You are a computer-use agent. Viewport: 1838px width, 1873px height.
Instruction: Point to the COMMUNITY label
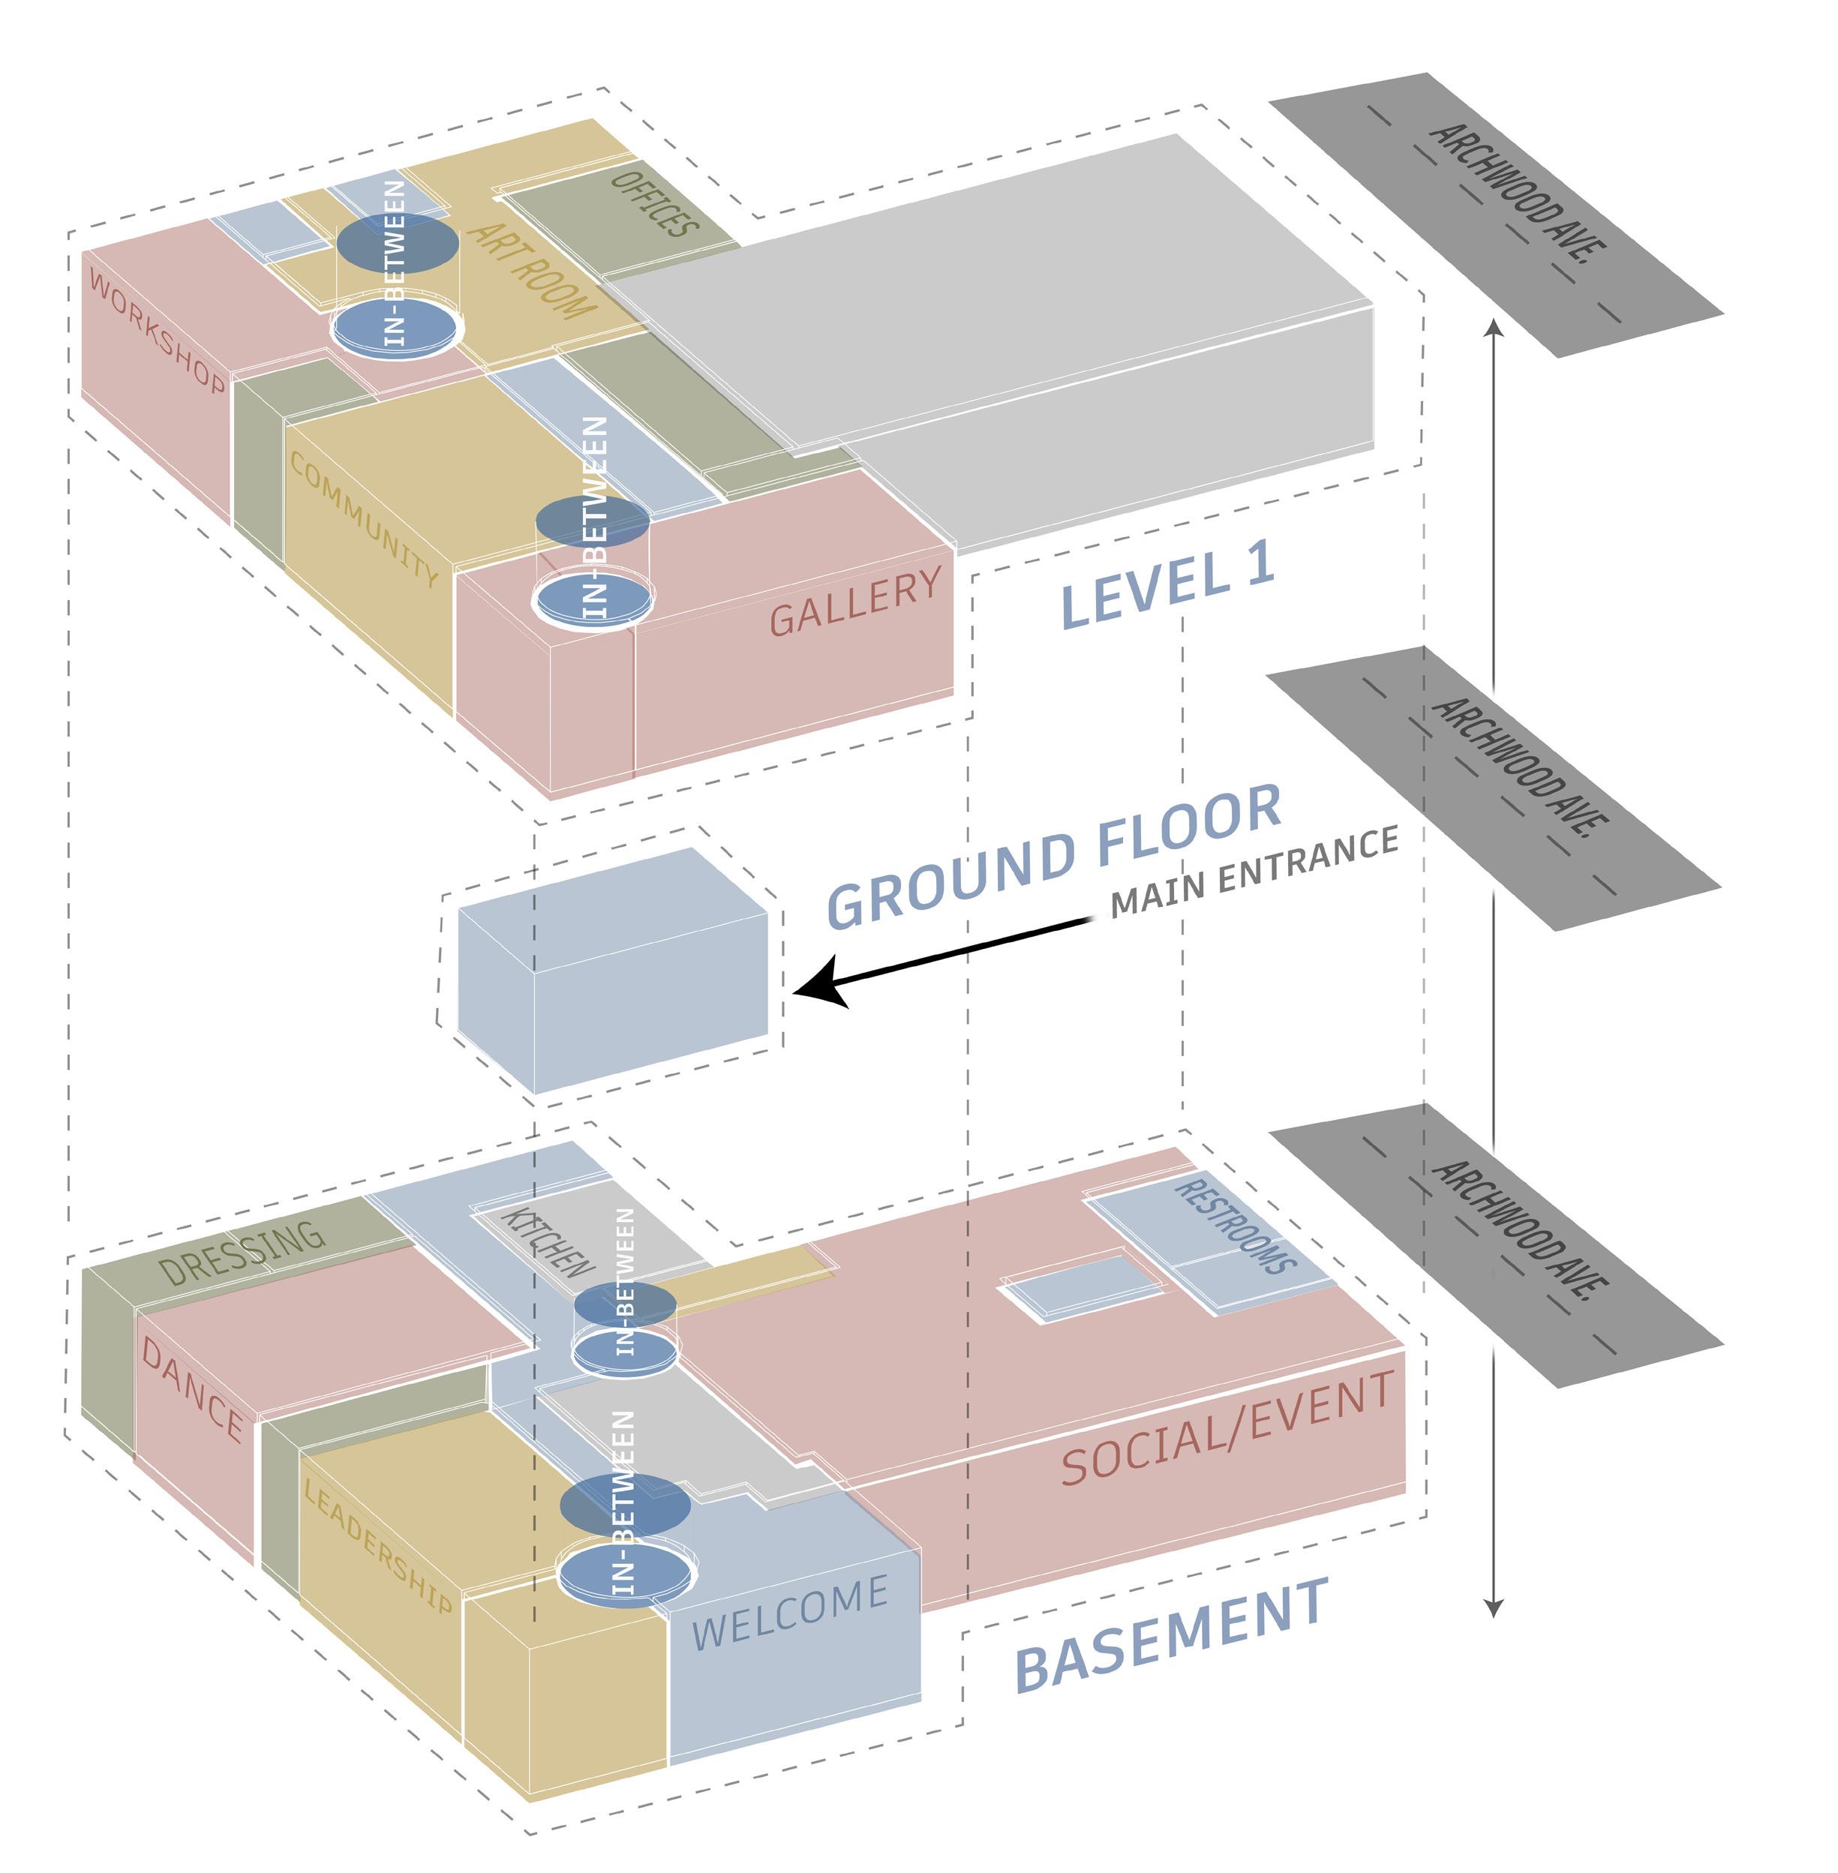[364, 518]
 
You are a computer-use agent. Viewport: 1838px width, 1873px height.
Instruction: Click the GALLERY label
[854, 602]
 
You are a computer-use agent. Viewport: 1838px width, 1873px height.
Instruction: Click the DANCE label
[192, 1388]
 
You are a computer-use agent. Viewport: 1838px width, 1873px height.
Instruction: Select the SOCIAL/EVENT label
[1227, 1428]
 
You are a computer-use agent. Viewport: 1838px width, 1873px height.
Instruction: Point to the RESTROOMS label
[1235, 1225]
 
